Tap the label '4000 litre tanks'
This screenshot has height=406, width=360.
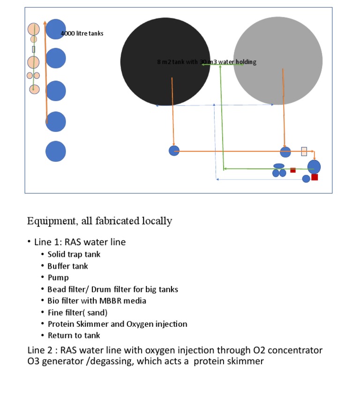pyautogui.click(x=82, y=34)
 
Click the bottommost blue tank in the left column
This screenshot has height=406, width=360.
pyautogui.click(x=56, y=151)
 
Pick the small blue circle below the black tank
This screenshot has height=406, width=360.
pyautogui.click(x=174, y=150)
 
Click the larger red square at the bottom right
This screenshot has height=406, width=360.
pyautogui.click(x=315, y=177)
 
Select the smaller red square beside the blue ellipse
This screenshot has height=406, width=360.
pyautogui.click(x=293, y=170)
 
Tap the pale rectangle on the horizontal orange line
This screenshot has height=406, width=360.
pyautogui.click(x=304, y=151)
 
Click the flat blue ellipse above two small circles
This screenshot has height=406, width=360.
pyautogui.click(x=279, y=165)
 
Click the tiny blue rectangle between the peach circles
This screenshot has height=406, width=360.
pyautogui.click(x=34, y=49)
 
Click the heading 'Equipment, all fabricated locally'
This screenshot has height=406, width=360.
pyautogui.click(x=99, y=221)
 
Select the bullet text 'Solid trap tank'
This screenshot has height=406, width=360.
pyautogui.click(x=74, y=254)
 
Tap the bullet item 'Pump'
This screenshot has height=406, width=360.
pyautogui.click(x=58, y=278)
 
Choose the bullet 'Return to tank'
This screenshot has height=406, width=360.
pyautogui.click(x=74, y=335)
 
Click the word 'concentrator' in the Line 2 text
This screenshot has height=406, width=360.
pyautogui.click(x=299, y=350)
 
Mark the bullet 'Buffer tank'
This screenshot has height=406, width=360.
pyautogui.click(x=67, y=266)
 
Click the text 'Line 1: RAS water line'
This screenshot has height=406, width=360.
pyautogui.click(x=80, y=242)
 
